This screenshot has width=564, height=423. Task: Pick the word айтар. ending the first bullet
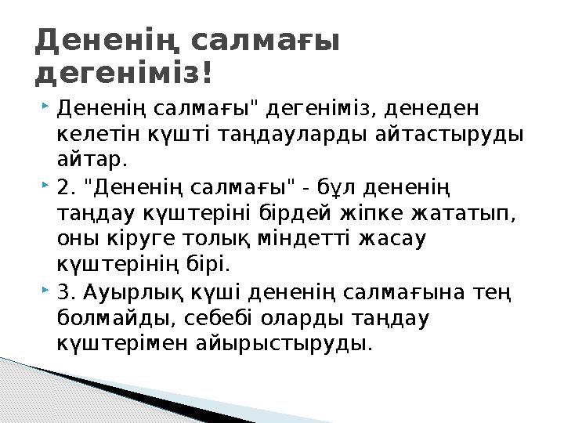tap(92, 160)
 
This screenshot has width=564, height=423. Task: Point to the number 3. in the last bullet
tap(68, 293)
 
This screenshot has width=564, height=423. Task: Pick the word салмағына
tap(416, 293)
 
